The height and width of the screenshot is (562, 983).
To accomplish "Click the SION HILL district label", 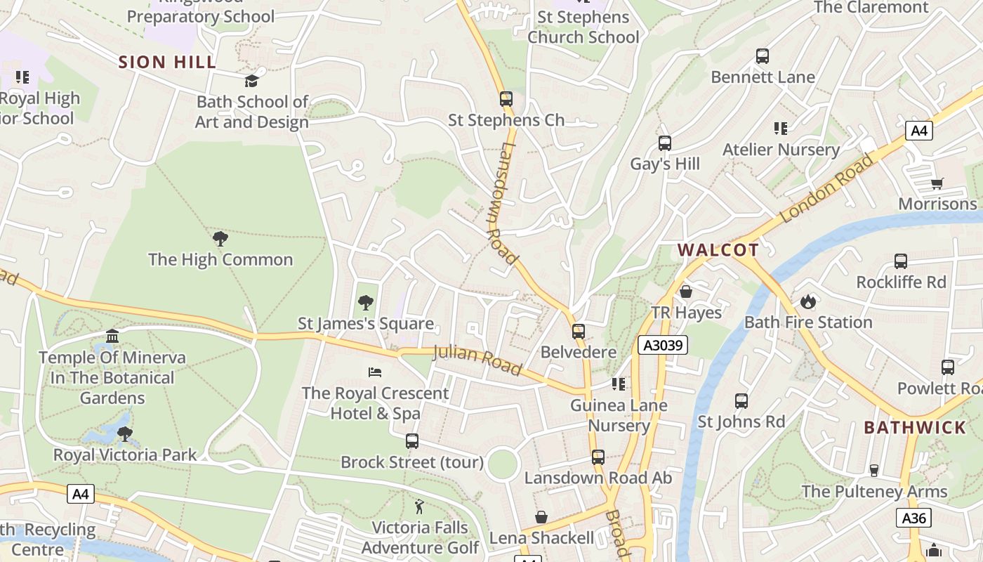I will coord(167,62).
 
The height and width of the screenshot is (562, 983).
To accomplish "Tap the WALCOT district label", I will coord(718,250).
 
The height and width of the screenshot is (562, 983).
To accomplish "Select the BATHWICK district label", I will coord(915,428).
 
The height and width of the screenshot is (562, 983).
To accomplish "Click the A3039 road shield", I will coord(663,345).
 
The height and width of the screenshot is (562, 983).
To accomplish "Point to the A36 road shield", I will coord(913,518).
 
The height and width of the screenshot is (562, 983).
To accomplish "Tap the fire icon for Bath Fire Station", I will coord(808,301).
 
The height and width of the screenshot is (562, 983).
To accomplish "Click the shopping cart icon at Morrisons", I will coord(937,184).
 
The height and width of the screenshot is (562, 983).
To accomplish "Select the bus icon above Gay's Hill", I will coord(664,143).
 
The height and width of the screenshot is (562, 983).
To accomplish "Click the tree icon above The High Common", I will coord(220,239).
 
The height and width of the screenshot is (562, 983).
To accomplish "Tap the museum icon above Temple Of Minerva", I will coord(112,336).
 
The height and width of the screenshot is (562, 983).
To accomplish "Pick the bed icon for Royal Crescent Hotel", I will coord(375,372).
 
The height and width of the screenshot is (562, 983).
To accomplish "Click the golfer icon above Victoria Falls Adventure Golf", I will coord(419,506).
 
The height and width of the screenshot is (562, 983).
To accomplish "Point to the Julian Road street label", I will coord(477,360).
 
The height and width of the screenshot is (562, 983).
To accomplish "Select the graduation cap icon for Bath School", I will coord(251,81).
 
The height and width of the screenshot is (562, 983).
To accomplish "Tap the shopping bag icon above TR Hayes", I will coord(686,292).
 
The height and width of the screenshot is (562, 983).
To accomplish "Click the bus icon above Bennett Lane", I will coord(762,56).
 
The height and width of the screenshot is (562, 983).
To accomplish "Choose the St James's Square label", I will coord(366,324).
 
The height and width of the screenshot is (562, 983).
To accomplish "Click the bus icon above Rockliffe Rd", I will coord(901,261).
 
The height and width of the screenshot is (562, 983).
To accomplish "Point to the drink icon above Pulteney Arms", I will coord(874,471).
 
